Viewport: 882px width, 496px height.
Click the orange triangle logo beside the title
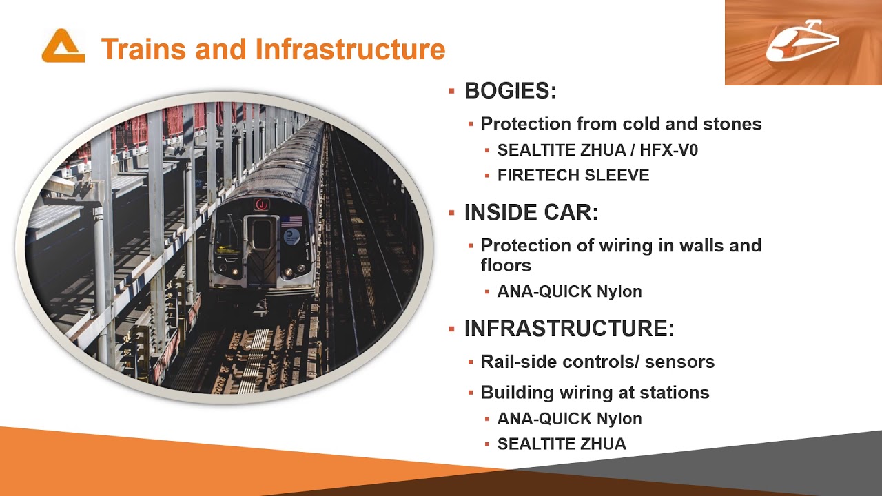tap(63, 46)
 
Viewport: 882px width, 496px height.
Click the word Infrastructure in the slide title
tap(350, 50)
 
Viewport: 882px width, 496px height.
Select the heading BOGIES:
tap(510, 91)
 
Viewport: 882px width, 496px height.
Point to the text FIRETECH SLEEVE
tap(573, 176)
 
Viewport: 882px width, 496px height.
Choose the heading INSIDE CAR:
tap(531, 213)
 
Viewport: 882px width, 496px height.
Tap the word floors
tap(506, 265)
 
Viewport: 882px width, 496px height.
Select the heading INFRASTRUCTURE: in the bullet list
tap(569, 329)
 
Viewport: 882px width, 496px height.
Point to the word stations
tap(675, 393)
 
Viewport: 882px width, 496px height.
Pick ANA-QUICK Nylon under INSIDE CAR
tap(569, 291)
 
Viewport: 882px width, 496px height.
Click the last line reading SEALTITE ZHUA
tap(562, 444)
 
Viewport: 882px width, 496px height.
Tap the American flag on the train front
tap(291, 221)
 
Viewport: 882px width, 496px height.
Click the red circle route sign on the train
tap(261, 205)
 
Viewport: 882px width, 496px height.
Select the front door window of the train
tap(261, 234)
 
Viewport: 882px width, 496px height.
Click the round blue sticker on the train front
tap(292, 237)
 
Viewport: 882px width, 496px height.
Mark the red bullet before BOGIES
tap(452, 91)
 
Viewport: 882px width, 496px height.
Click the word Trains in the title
tap(141, 50)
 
